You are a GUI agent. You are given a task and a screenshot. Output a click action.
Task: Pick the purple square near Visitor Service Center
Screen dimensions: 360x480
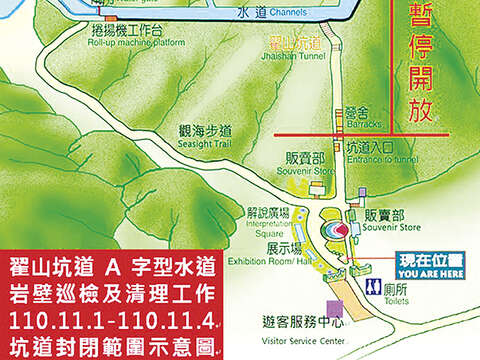click(x=318, y=296)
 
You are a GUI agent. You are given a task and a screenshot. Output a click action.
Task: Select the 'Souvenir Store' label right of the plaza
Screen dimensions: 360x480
click(x=384, y=227)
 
